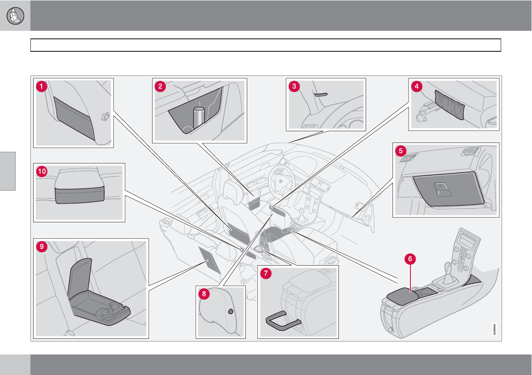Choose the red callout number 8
click(x=204, y=294)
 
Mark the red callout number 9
click(x=42, y=246)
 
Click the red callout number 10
click(x=42, y=172)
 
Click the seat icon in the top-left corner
click(x=16, y=16)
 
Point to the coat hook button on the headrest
click(x=231, y=312)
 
